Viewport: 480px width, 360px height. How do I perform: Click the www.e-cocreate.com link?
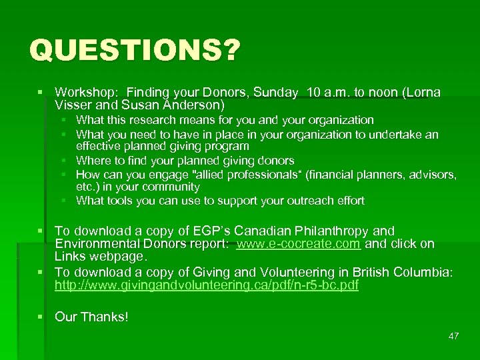pyautogui.click(x=298, y=244)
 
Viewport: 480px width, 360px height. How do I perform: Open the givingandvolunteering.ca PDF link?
pyautogui.click(x=207, y=286)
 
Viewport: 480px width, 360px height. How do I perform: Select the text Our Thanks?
pyautogui.click(x=91, y=317)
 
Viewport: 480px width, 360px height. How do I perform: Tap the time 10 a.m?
pyautogui.click(x=330, y=93)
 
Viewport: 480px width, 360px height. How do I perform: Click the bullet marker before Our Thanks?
pyautogui.click(x=42, y=317)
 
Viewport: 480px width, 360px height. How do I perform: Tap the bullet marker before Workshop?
pyautogui.click(x=42, y=93)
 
